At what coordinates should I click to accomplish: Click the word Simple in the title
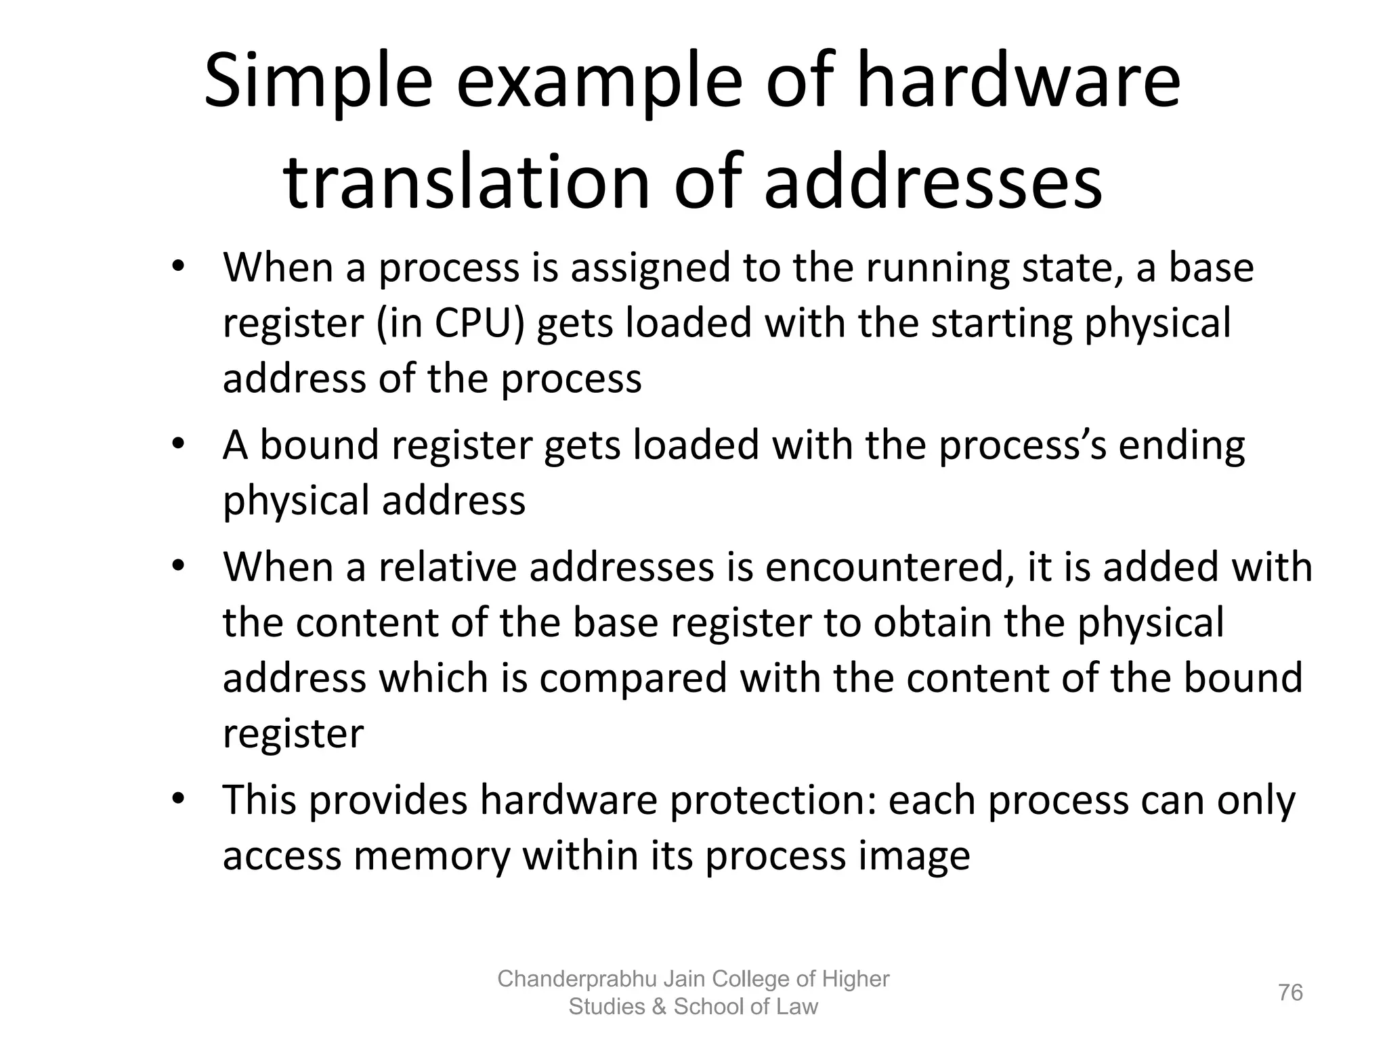(x=318, y=83)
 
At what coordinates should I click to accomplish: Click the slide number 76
(x=1290, y=993)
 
